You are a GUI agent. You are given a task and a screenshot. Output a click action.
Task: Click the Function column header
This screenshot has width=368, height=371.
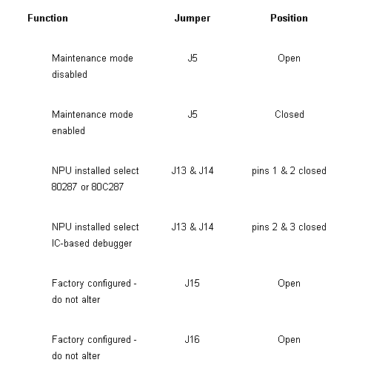click(47, 18)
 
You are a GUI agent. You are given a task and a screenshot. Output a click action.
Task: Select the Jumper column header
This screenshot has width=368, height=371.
click(193, 19)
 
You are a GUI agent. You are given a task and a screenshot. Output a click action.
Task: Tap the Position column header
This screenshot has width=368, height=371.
click(289, 18)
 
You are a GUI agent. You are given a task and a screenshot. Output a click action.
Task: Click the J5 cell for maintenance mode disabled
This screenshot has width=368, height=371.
click(193, 58)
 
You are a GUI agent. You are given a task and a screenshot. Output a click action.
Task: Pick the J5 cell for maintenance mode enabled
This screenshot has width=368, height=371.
click(193, 114)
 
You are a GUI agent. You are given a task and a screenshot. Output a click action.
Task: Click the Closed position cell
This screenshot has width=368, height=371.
click(290, 114)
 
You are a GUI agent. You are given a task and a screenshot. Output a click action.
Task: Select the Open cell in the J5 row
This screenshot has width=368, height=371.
click(289, 59)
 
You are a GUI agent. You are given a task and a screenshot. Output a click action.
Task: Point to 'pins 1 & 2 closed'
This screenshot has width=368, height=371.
click(289, 171)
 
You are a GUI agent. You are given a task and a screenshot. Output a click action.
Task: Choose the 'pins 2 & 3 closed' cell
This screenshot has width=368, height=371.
click(289, 227)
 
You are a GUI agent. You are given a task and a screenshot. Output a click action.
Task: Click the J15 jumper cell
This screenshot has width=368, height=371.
click(192, 283)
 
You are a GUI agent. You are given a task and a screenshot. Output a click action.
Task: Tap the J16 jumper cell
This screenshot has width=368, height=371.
click(192, 339)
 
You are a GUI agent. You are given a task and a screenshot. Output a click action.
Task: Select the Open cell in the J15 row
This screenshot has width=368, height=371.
click(289, 284)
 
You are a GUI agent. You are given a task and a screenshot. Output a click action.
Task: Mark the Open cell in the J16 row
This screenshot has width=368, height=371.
click(289, 340)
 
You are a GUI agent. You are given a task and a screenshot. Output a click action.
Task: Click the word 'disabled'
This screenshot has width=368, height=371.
click(70, 74)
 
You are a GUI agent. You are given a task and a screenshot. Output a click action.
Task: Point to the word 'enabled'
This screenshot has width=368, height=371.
click(68, 130)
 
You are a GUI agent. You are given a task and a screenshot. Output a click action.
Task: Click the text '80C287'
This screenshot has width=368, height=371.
click(107, 187)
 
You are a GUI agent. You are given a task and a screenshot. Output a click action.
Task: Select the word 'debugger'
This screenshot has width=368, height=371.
click(113, 244)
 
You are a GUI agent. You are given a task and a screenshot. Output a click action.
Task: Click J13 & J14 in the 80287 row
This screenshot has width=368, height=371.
click(193, 170)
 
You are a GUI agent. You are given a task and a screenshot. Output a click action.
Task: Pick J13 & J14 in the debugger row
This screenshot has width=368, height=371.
click(193, 227)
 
